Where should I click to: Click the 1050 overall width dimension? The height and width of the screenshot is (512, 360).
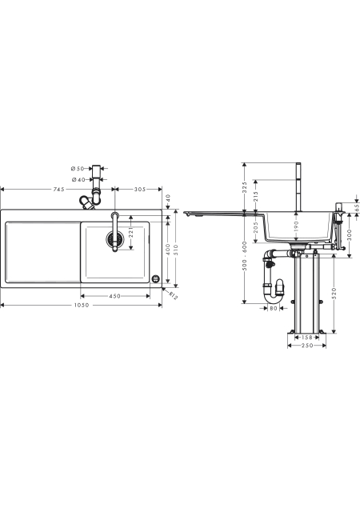pos(81,306)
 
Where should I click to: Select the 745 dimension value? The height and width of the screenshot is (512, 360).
pos(59,189)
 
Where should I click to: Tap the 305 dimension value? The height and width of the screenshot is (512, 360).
pos(140,189)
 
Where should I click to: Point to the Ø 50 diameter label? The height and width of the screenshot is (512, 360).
pos(78,169)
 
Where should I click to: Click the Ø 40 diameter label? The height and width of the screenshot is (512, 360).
pos(78,179)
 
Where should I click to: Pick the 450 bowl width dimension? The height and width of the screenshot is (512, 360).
pos(114,296)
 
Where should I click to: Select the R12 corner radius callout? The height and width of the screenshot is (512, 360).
pos(173,295)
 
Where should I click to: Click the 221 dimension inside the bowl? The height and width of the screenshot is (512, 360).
pos(131,233)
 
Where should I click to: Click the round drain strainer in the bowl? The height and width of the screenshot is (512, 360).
pos(114,239)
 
